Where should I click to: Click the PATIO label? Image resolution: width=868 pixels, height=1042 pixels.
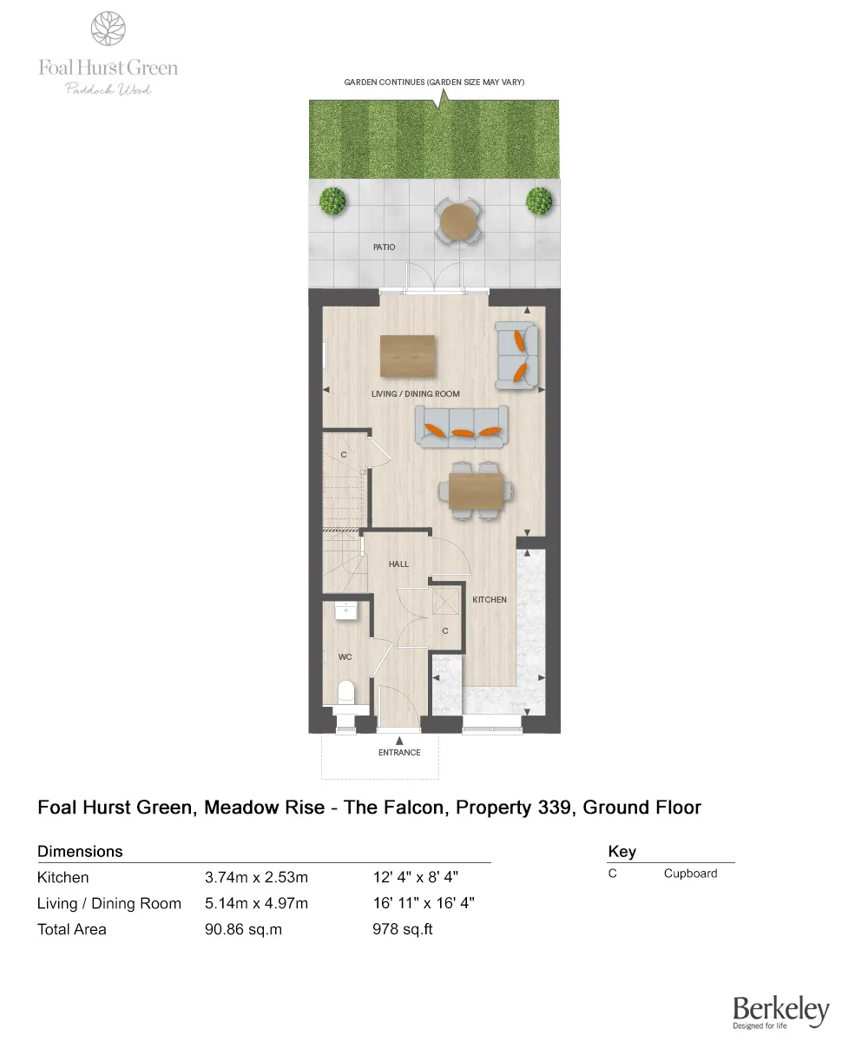[384, 247]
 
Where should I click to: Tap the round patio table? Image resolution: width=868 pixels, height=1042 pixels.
[458, 221]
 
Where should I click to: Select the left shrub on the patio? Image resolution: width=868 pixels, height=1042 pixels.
[332, 201]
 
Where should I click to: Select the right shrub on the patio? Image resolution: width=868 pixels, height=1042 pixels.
[539, 201]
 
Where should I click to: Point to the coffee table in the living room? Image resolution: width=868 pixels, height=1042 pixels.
[408, 356]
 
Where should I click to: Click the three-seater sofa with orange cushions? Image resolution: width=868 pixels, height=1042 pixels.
[462, 426]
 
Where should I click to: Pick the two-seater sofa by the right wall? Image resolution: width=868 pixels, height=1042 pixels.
[516, 355]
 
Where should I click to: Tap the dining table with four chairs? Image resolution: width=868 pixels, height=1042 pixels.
[475, 491]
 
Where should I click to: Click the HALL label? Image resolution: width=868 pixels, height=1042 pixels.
[398, 564]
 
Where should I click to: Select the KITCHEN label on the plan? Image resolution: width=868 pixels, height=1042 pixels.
[489, 600]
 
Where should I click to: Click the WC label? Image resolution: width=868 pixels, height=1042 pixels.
[345, 657]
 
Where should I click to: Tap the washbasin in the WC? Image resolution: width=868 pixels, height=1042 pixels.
[346, 610]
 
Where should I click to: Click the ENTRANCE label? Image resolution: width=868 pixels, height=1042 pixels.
[399, 753]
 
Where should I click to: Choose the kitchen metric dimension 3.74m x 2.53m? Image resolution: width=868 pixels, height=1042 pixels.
[256, 878]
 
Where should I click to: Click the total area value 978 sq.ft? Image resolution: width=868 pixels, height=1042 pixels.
[402, 929]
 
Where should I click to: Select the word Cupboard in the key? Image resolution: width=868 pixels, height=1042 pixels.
[690, 874]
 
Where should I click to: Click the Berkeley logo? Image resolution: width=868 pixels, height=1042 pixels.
[781, 1012]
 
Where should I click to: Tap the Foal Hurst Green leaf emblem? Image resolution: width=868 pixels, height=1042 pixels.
[108, 29]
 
